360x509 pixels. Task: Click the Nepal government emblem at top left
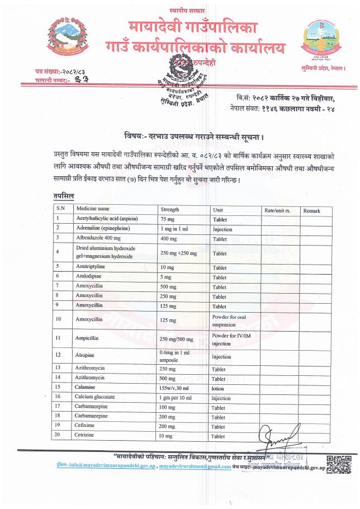coord(64,39)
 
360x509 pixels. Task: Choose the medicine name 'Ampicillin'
coord(88,338)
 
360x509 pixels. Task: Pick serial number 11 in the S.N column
coord(58,338)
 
